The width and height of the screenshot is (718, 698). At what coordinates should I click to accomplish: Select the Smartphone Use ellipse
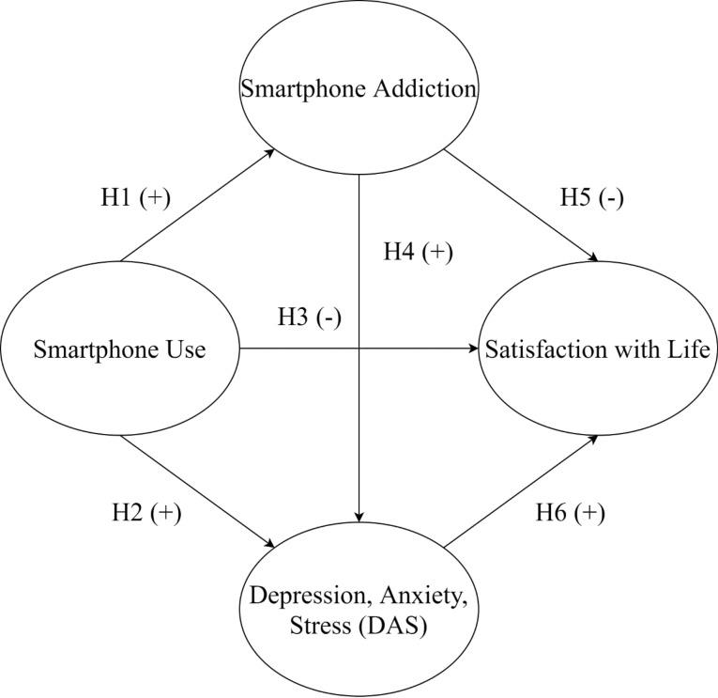[119, 351]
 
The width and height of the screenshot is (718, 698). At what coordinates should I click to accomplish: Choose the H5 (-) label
[592, 198]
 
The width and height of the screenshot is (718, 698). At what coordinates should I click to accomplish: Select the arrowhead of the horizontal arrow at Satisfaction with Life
[474, 351]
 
